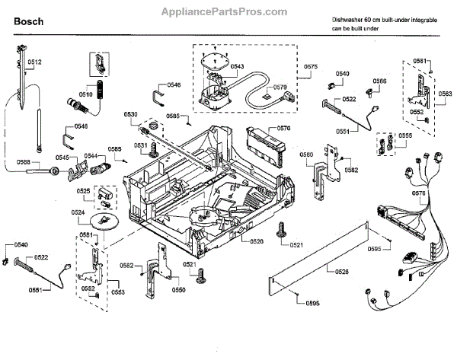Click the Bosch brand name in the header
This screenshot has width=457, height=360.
pos(28,22)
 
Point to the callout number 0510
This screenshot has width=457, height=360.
pos(85,94)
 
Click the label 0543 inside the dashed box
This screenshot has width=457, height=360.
pos(236,67)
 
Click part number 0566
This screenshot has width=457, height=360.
pos(379,81)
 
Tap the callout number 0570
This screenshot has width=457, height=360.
pos(284,129)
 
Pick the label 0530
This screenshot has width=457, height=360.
pos(131,114)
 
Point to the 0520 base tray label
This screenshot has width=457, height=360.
pos(256,241)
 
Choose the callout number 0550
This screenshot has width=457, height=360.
pos(178,290)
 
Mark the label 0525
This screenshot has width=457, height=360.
pos(84,191)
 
